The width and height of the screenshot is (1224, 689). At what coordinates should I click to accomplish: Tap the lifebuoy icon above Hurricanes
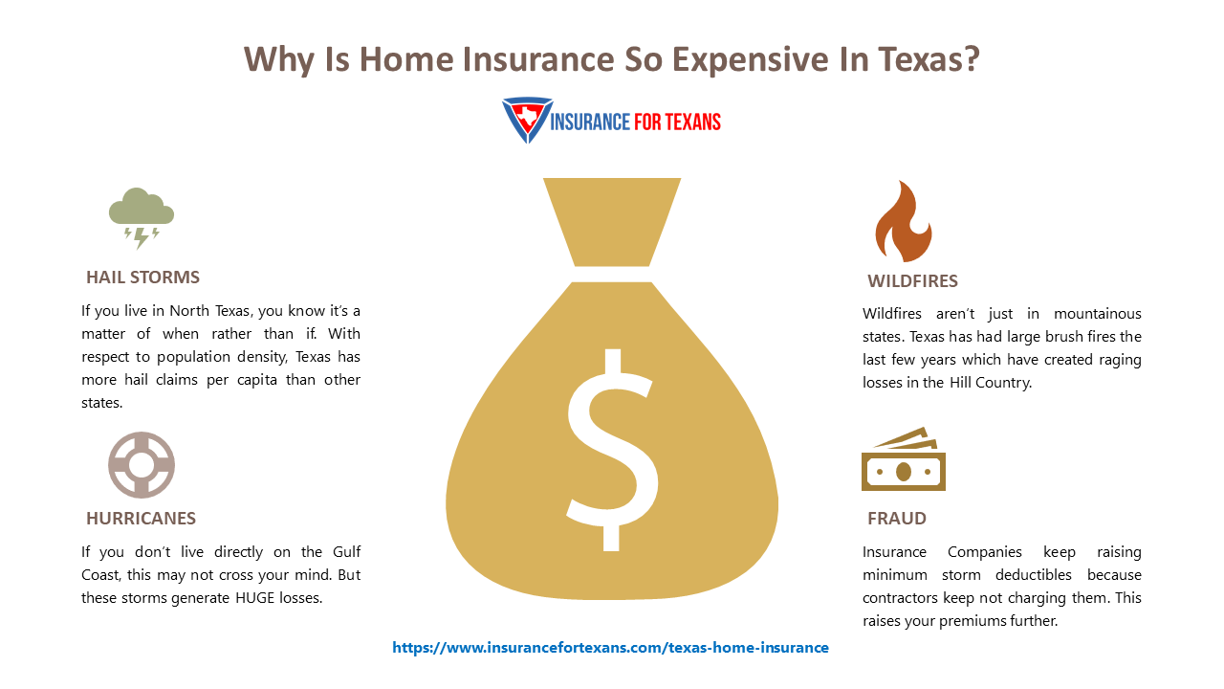[x=142, y=465]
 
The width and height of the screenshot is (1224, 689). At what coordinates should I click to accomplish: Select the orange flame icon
[x=902, y=222]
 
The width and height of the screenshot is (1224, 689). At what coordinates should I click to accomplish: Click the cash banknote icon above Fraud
[x=903, y=463]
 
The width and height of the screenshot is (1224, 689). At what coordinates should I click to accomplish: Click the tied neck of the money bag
[x=612, y=274]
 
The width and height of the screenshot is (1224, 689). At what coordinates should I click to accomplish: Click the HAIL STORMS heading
[x=142, y=278]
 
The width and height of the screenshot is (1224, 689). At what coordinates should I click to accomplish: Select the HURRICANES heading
[x=141, y=519]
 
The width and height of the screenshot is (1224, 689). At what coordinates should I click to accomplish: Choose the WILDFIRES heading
[x=912, y=281]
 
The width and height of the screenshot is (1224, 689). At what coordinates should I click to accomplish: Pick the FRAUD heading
[x=896, y=519]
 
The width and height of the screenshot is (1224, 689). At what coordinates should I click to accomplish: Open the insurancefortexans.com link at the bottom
[x=610, y=648]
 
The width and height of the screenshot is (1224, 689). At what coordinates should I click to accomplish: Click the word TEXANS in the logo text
[x=686, y=122]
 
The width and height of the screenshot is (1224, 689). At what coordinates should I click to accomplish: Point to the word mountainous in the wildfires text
[x=1098, y=314]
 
